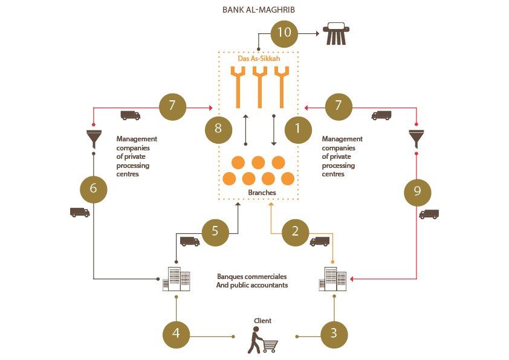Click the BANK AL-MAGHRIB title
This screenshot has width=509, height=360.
[258, 10]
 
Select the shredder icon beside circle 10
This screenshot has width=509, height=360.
[336, 33]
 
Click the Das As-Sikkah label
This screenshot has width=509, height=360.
[259, 59]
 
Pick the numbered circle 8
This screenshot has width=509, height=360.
[218, 130]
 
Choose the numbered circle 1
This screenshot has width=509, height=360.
[298, 130]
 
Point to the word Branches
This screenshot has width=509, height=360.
[262, 192]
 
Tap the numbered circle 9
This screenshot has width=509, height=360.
[418, 192]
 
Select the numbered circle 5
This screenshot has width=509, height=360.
[215, 232]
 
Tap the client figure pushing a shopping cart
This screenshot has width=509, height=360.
[262, 340]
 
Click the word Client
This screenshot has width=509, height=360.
[262, 321]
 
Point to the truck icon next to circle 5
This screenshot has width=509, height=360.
[190, 242]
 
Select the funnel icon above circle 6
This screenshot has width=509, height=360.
[94, 139]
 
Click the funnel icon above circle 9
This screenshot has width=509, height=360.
[416, 139]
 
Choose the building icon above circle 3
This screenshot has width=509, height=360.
[332, 279]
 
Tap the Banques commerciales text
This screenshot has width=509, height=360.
[252, 277]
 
